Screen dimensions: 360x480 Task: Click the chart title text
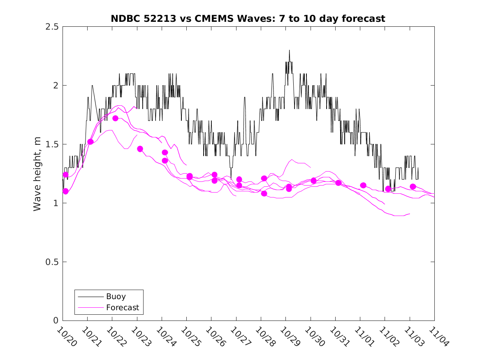248,19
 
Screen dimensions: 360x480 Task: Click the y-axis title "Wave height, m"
37,174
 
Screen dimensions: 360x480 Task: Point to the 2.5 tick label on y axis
52,27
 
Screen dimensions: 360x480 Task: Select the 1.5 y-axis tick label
52,144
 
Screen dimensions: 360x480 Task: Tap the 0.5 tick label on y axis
52,262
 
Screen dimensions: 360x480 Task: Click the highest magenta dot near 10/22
115,118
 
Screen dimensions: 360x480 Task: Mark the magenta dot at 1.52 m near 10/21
90,142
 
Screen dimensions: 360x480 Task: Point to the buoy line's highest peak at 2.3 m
289,50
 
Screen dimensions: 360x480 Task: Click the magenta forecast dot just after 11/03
413,186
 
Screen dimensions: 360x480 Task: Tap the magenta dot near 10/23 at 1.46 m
140,149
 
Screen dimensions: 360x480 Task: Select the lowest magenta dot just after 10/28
264,193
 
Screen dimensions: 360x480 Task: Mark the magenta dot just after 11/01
363,185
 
